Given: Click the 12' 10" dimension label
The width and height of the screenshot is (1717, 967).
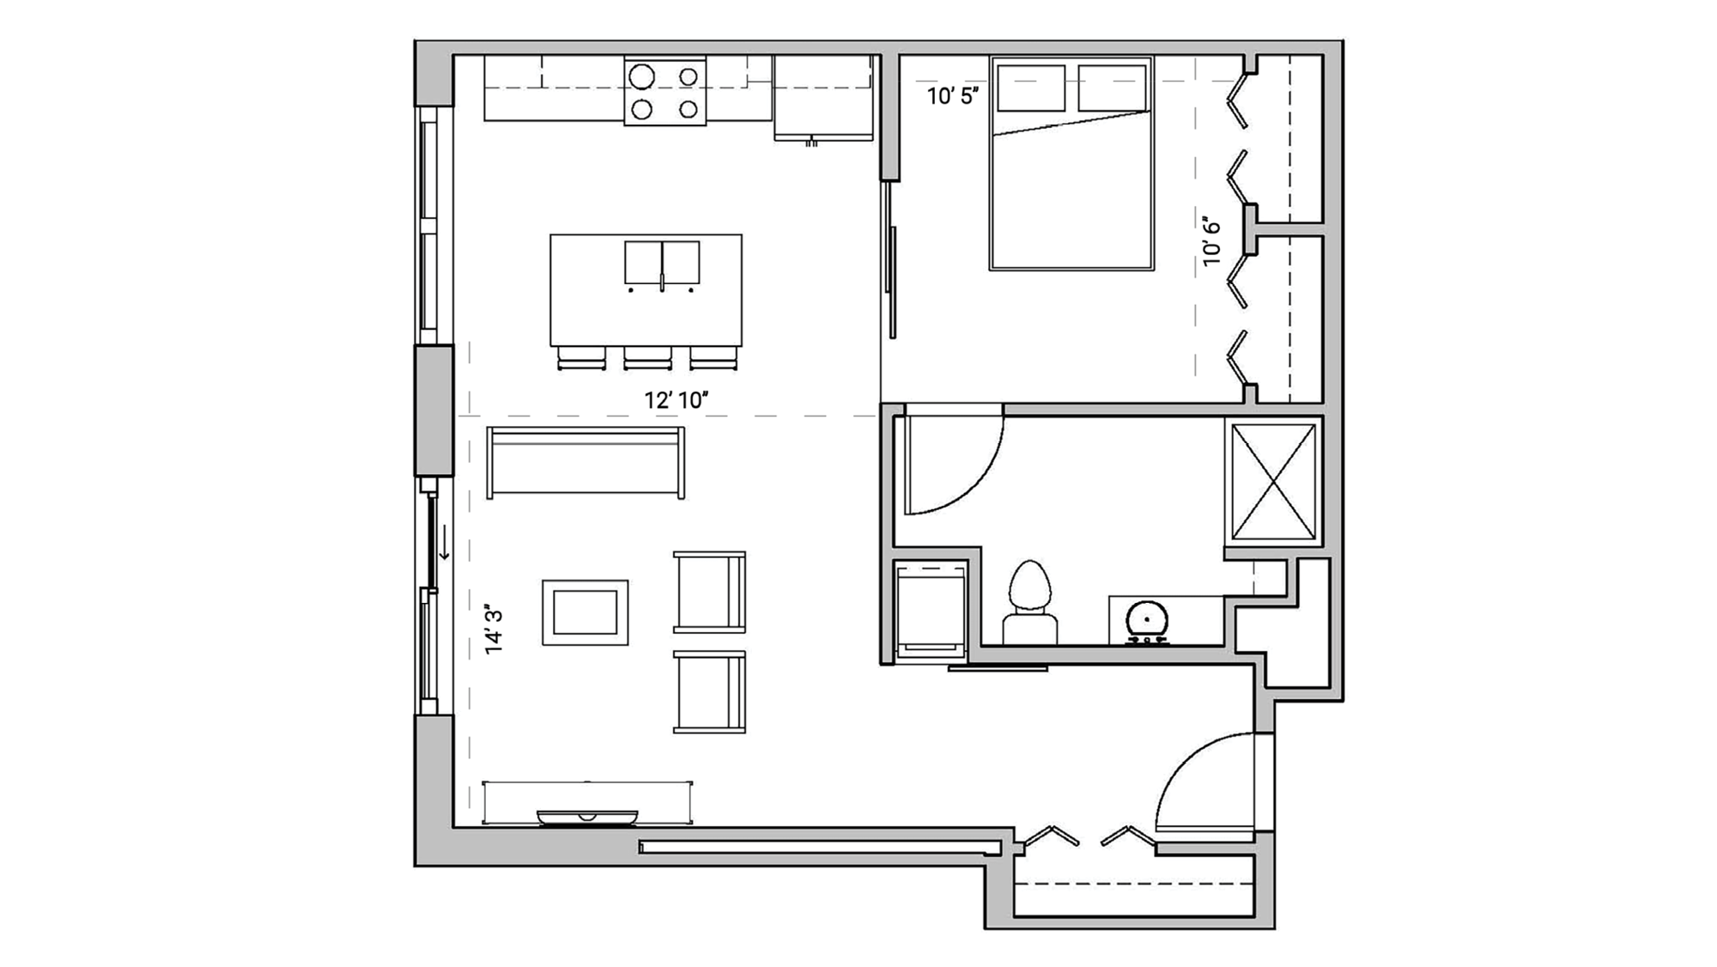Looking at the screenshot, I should tap(676, 400).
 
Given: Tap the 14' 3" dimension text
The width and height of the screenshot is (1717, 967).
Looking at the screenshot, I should tap(494, 630).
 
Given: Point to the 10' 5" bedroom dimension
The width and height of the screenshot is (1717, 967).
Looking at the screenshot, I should tap(952, 96).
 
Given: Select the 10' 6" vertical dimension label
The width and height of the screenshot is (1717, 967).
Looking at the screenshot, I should tap(1211, 241).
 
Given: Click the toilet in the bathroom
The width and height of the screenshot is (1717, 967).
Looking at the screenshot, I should tap(1029, 601).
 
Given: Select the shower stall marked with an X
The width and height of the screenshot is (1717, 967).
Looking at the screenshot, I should tap(1273, 482).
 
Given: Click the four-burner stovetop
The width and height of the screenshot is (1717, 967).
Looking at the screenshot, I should tap(664, 93).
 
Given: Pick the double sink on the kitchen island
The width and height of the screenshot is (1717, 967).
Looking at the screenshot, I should tap(661, 262).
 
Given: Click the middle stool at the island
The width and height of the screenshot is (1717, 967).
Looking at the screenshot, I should tap(647, 357).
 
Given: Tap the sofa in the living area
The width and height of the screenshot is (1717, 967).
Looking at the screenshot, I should tap(585, 462).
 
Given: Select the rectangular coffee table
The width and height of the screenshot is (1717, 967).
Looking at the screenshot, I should tap(585, 612).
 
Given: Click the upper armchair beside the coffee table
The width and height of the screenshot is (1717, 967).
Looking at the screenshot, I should tap(709, 592).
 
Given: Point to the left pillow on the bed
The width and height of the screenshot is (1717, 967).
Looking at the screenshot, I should tap(1030, 88).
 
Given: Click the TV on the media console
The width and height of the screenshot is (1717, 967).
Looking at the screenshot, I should tap(587, 817).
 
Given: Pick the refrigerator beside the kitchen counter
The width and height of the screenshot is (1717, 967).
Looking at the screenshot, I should tap(822, 96).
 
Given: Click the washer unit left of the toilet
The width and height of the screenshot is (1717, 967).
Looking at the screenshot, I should tap(930, 610).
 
